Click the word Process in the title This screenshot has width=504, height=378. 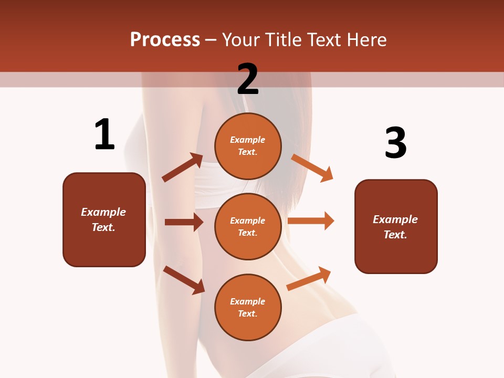coord(165,40)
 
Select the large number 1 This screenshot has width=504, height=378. coord(104,135)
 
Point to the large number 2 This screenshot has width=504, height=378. coord(248,79)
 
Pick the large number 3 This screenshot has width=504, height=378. coord(395,143)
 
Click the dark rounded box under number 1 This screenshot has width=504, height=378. coord(104,219)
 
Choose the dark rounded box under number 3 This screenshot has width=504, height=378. coord(396,226)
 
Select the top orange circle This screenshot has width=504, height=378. coord(248,146)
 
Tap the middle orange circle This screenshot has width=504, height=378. coord(248,226)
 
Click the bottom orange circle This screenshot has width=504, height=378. coord(248,307)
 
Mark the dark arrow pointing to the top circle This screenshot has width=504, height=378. coord(182,167)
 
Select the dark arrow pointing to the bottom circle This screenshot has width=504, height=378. coord(184,280)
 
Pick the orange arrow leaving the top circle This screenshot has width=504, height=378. coord(312,167)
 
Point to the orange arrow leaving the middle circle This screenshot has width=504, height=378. coord(311,220)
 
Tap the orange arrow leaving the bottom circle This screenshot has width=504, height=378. coord(309,278)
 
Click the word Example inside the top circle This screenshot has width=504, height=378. coord(248,140)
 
